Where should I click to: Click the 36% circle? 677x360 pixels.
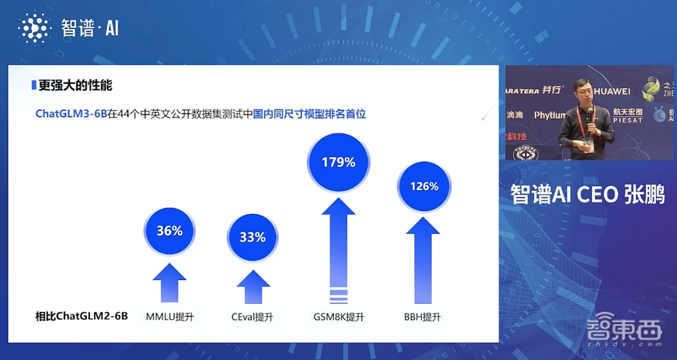[169, 231]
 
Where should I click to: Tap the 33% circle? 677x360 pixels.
[253, 237]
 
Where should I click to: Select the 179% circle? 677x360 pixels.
[338, 162]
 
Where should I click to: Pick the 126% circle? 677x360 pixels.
[424, 186]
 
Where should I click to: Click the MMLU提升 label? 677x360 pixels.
[170, 317]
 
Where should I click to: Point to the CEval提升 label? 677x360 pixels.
[253, 317]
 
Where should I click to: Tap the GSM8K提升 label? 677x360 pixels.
[338, 317]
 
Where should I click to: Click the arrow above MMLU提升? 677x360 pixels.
[169, 282]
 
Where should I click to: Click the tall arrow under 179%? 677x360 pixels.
[338, 250]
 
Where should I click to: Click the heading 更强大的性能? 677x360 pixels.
[74, 86]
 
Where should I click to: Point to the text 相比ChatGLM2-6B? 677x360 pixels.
[81, 317]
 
